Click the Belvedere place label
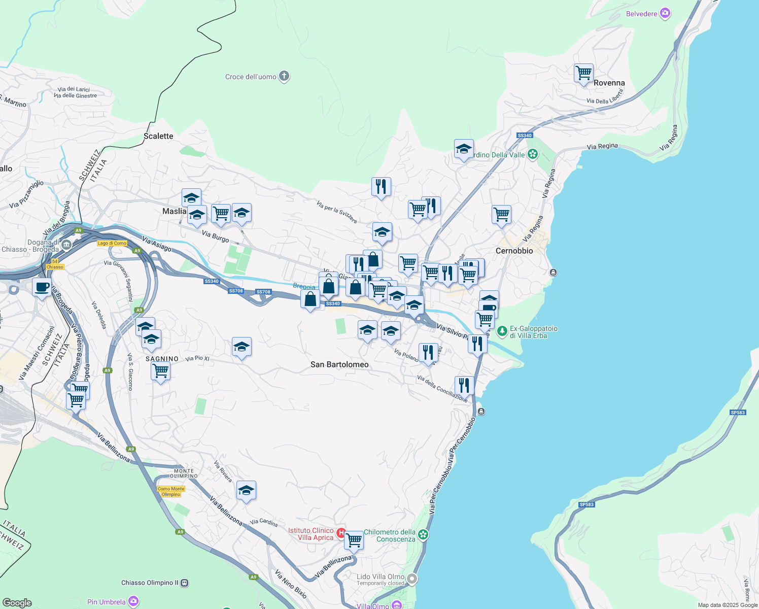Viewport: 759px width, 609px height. click(642, 14)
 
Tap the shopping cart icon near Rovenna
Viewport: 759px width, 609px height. click(583, 73)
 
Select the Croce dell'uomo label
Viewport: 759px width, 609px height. click(251, 77)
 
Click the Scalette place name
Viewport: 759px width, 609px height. click(158, 136)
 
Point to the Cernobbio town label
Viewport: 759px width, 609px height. click(514, 251)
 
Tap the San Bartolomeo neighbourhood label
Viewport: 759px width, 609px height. click(339, 364)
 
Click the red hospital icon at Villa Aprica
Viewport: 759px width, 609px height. click(341, 533)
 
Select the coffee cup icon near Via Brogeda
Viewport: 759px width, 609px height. click(42, 287)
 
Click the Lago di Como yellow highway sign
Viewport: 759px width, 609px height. click(112, 243)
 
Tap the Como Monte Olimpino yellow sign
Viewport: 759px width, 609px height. click(171, 491)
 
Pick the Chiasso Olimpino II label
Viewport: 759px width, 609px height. click(150, 583)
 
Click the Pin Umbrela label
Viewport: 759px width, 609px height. click(106, 602)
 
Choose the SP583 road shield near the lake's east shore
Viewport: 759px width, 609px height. click(738, 413)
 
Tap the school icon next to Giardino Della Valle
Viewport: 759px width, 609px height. click(464, 149)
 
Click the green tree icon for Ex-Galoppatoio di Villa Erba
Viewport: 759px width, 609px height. click(502, 331)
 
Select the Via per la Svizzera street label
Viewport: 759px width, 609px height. click(336, 212)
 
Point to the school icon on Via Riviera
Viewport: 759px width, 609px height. click(246, 490)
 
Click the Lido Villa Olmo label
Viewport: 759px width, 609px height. click(381, 577)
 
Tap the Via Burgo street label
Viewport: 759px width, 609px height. click(215, 236)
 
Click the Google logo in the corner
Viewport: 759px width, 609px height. click(17, 602)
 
